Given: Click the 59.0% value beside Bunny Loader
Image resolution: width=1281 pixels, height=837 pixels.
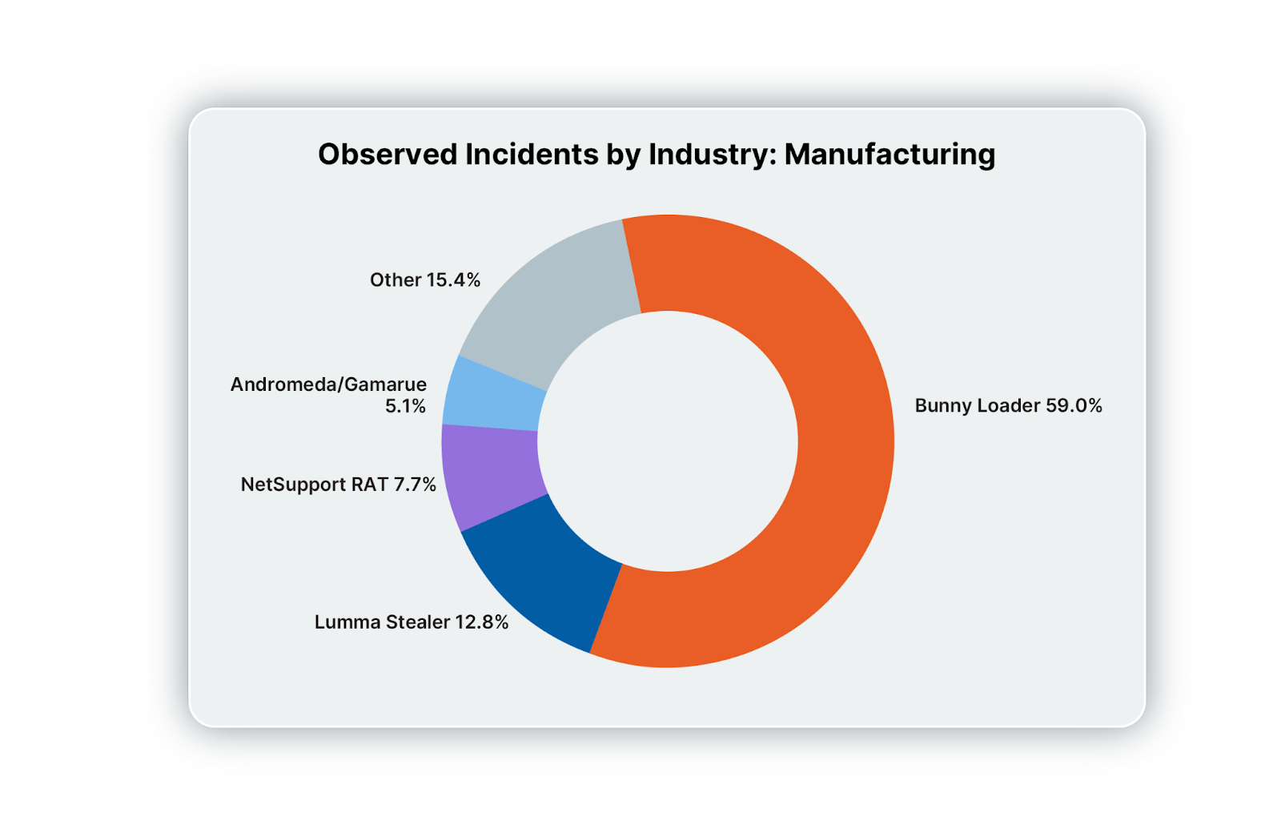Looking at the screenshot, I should point(1074,406).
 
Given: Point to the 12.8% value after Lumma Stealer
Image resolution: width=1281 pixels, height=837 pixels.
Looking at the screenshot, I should point(481,622).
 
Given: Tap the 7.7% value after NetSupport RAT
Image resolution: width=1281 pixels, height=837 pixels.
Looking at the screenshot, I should point(415,485).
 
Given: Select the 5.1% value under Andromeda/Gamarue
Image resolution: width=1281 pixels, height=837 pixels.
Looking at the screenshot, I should point(405,406).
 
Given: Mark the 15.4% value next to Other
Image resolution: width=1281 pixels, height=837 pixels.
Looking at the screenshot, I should point(453,280).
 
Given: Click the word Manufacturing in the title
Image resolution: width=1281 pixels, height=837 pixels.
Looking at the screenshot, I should point(889,154).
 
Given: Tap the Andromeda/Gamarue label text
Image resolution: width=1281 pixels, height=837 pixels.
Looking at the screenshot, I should point(328,384).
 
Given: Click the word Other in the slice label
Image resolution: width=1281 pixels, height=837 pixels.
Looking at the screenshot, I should point(396,280).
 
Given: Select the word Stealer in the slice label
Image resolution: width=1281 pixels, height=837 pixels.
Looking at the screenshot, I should point(418,622).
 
